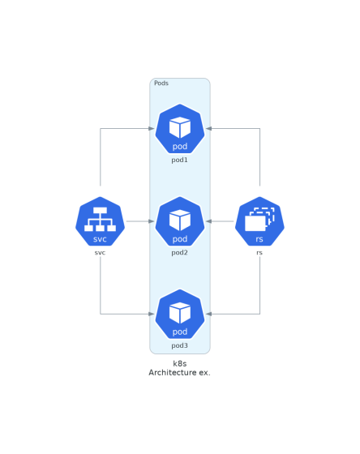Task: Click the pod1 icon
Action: pyautogui.click(x=180, y=129)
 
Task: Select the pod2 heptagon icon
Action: pyautogui.click(x=180, y=221)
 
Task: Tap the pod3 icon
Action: pyautogui.click(x=180, y=314)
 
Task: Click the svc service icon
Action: pyautogui.click(x=101, y=221)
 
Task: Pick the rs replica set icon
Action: pyautogui.click(x=259, y=221)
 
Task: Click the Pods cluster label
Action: pyautogui.click(x=161, y=83)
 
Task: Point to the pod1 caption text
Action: pyautogui.click(x=179, y=160)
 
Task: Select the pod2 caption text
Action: pyautogui.click(x=179, y=252)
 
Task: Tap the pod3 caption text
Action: pyautogui.click(x=179, y=345)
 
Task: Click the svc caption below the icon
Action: pyautogui.click(x=100, y=253)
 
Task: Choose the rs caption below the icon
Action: pyautogui.click(x=259, y=253)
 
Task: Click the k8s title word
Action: pyautogui.click(x=180, y=364)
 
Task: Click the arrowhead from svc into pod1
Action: pyautogui.click(x=152, y=129)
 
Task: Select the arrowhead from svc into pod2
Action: pyautogui.click(x=152, y=221)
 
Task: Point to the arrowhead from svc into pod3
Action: pyautogui.click(x=152, y=314)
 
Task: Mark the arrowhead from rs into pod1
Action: pyautogui.click(x=208, y=129)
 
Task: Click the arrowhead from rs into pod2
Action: pyautogui.click(x=208, y=221)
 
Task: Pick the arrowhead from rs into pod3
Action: pyautogui.click(x=208, y=314)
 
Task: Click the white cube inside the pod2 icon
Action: pyautogui.click(x=180, y=220)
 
